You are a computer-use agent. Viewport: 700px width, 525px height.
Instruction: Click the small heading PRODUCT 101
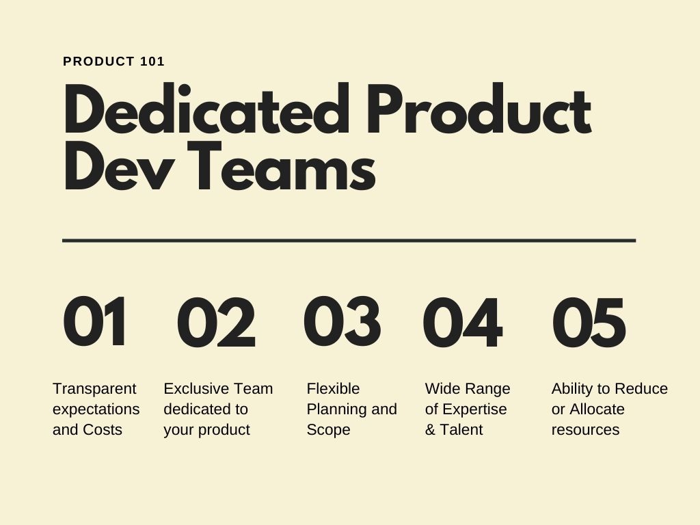[114, 61]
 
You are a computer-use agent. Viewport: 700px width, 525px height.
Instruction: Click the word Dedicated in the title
[206, 109]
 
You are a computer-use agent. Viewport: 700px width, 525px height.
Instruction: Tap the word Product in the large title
[479, 109]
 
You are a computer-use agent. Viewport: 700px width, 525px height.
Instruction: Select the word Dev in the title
[118, 165]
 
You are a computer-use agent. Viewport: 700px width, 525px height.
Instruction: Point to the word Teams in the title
[281, 165]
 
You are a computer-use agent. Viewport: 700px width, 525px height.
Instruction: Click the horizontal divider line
[349, 241]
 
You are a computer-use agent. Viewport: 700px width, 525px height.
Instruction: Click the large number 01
[94, 322]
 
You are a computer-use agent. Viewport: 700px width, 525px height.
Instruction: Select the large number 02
[217, 322]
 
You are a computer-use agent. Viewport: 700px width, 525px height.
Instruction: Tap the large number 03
[342, 322]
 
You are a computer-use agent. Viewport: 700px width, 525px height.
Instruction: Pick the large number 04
[463, 322]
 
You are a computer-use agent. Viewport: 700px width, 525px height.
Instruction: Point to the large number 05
[589, 322]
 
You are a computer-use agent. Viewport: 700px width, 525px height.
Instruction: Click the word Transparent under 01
[94, 388]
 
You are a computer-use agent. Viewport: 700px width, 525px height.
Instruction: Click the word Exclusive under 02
[196, 388]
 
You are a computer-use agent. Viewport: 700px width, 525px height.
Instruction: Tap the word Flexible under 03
[333, 388]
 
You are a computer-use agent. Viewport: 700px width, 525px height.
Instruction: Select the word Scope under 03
[328, 430]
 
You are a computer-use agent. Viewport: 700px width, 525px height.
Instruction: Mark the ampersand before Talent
[430, 429]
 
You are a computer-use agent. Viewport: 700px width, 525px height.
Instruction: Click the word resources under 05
[585, 430]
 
